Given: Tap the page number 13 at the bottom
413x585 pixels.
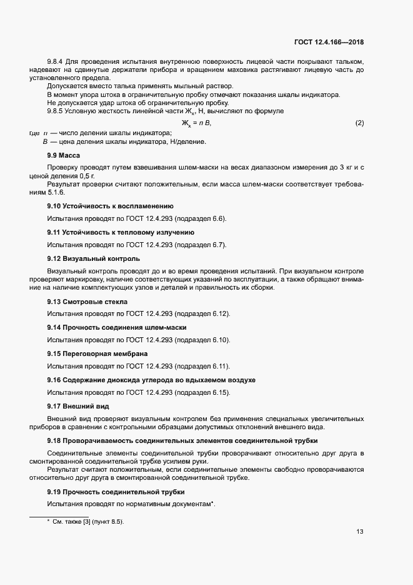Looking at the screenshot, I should tap(360, 532).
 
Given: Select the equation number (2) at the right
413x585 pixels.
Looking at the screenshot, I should tap(359, 123).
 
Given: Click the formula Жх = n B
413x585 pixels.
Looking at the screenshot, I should tap(196, 123).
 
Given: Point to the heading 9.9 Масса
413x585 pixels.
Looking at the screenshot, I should tap(64, 155).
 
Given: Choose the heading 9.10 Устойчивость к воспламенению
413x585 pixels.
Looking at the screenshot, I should tap(111, 206).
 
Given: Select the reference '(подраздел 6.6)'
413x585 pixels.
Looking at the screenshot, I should tap(200, 218).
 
